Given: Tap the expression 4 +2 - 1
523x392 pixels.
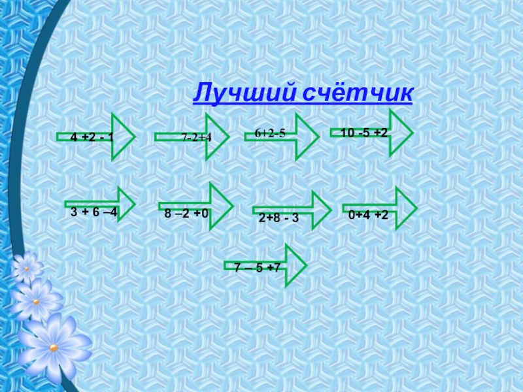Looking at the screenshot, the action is click(x=92, y=137).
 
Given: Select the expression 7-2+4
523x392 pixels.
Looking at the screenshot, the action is click(x=196, y=137).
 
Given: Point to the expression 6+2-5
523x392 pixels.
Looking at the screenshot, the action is click(x=270, y=133).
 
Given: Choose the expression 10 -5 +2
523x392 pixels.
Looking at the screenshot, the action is click(x=364, y=133).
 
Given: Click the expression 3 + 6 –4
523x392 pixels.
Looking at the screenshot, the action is click(x=93, y=212).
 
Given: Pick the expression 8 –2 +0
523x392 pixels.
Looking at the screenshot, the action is click(x=186, y=214).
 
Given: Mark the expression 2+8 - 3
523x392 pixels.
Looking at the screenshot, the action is click(x=278, y=218).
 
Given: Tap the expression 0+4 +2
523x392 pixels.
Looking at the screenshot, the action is click(x=368, y=214).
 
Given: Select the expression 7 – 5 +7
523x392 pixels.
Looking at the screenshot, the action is click(x=257, y=267).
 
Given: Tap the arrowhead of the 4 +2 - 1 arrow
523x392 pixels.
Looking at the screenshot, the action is click(x=122, y=137).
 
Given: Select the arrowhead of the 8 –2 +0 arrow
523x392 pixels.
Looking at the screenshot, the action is click(x=220, y=206).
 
